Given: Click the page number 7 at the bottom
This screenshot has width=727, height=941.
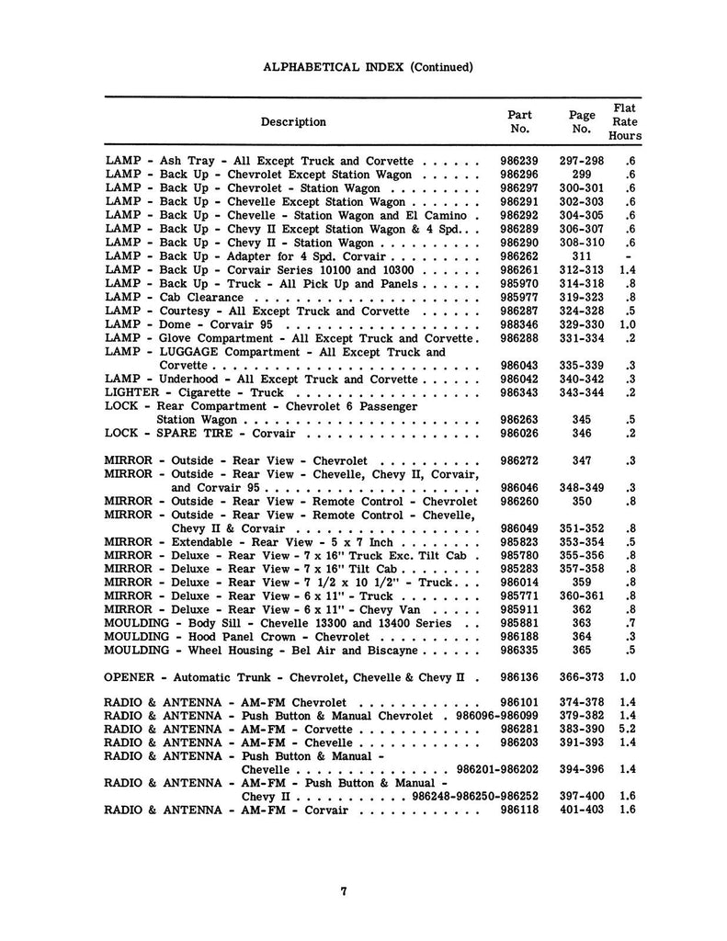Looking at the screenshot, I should pos(342,890).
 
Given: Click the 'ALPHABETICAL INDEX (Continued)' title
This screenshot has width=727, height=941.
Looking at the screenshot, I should pos(368,67).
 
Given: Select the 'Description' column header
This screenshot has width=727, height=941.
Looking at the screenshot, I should pos(293,121).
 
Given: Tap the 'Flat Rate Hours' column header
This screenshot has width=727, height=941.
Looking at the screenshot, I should pos(625,121).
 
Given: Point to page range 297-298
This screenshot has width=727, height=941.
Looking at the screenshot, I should pos(581,161).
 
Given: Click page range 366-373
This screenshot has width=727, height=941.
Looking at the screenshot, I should pos(581,678).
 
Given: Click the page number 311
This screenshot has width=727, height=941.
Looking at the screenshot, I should pos(581,257).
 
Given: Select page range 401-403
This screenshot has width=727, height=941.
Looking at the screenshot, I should pos(581,810).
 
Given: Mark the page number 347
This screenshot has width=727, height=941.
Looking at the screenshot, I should pos(581,460).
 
